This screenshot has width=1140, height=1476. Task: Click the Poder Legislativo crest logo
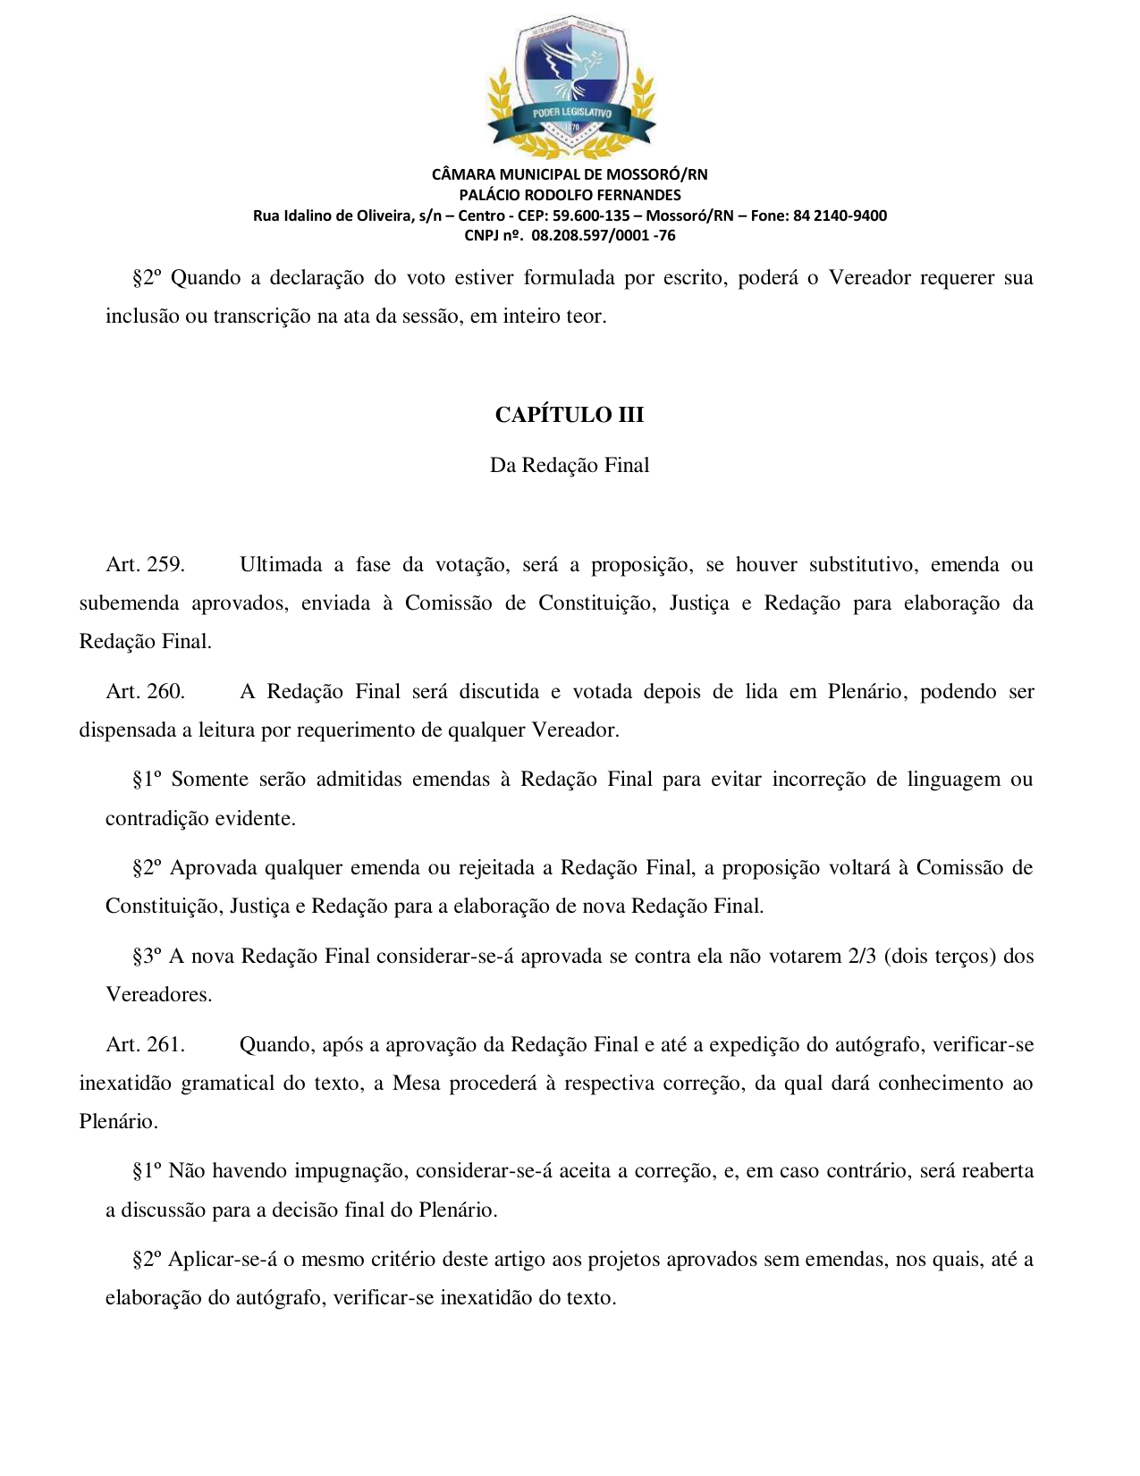pos(570,85)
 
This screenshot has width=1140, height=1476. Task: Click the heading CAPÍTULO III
pos(570,415)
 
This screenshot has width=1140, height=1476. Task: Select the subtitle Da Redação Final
pos(570,466)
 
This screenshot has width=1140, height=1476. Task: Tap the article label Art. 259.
pos(145,565)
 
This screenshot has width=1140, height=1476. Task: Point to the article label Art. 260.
pos(145,692)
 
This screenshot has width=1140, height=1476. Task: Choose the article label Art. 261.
pos(145,1045)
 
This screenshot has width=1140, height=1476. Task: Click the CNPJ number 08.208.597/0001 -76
pos(603,236)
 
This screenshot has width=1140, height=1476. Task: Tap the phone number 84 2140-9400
pos(840,215)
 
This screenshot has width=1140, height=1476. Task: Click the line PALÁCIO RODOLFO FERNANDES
pos(570,195)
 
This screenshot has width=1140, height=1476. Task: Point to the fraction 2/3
pos(862,957)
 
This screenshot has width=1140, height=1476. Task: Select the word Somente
pos(210,780)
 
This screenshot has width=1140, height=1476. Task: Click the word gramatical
pos(227,1084)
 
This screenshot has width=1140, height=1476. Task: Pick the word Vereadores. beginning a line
pos(159,995)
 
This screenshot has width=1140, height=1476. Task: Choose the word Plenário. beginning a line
pos(118,1122)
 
